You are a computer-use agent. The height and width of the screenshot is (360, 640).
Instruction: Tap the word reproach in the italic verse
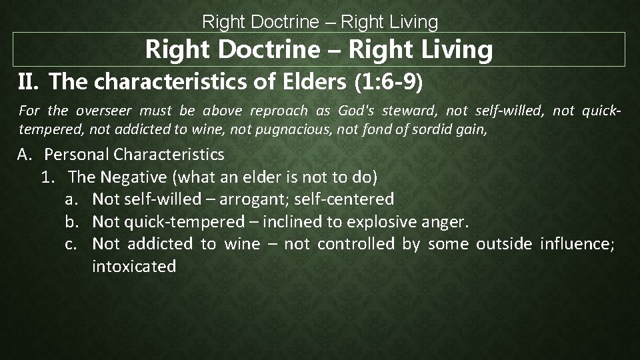pos(282,111)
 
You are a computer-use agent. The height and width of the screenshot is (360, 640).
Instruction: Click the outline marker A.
pos(25,155)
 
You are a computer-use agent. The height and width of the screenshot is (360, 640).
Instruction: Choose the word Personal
pos(77,155)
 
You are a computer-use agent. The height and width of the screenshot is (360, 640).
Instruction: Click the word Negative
pos(132,177)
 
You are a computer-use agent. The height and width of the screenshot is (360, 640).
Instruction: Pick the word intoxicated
pos(134,267)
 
